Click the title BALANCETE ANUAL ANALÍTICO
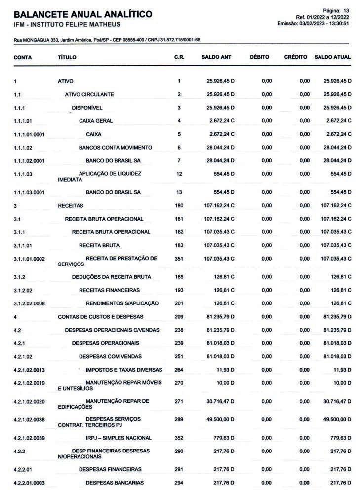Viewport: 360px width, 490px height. [83, 14]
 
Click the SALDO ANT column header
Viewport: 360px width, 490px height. [216, 57]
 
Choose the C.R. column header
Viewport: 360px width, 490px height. [179, 57]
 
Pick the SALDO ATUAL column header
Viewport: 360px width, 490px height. [332, 57]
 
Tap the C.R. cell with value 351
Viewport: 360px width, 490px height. [179, 259]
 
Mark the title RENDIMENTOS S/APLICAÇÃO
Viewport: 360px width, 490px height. [122, 303]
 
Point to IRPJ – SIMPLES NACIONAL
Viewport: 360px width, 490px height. [119, 438]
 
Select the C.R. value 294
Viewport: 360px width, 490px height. [179, 482]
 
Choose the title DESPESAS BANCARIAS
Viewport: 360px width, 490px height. [115, 482]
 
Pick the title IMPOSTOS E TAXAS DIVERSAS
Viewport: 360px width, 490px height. [123, 370]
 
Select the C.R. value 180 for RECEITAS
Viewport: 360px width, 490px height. [179, 205]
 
